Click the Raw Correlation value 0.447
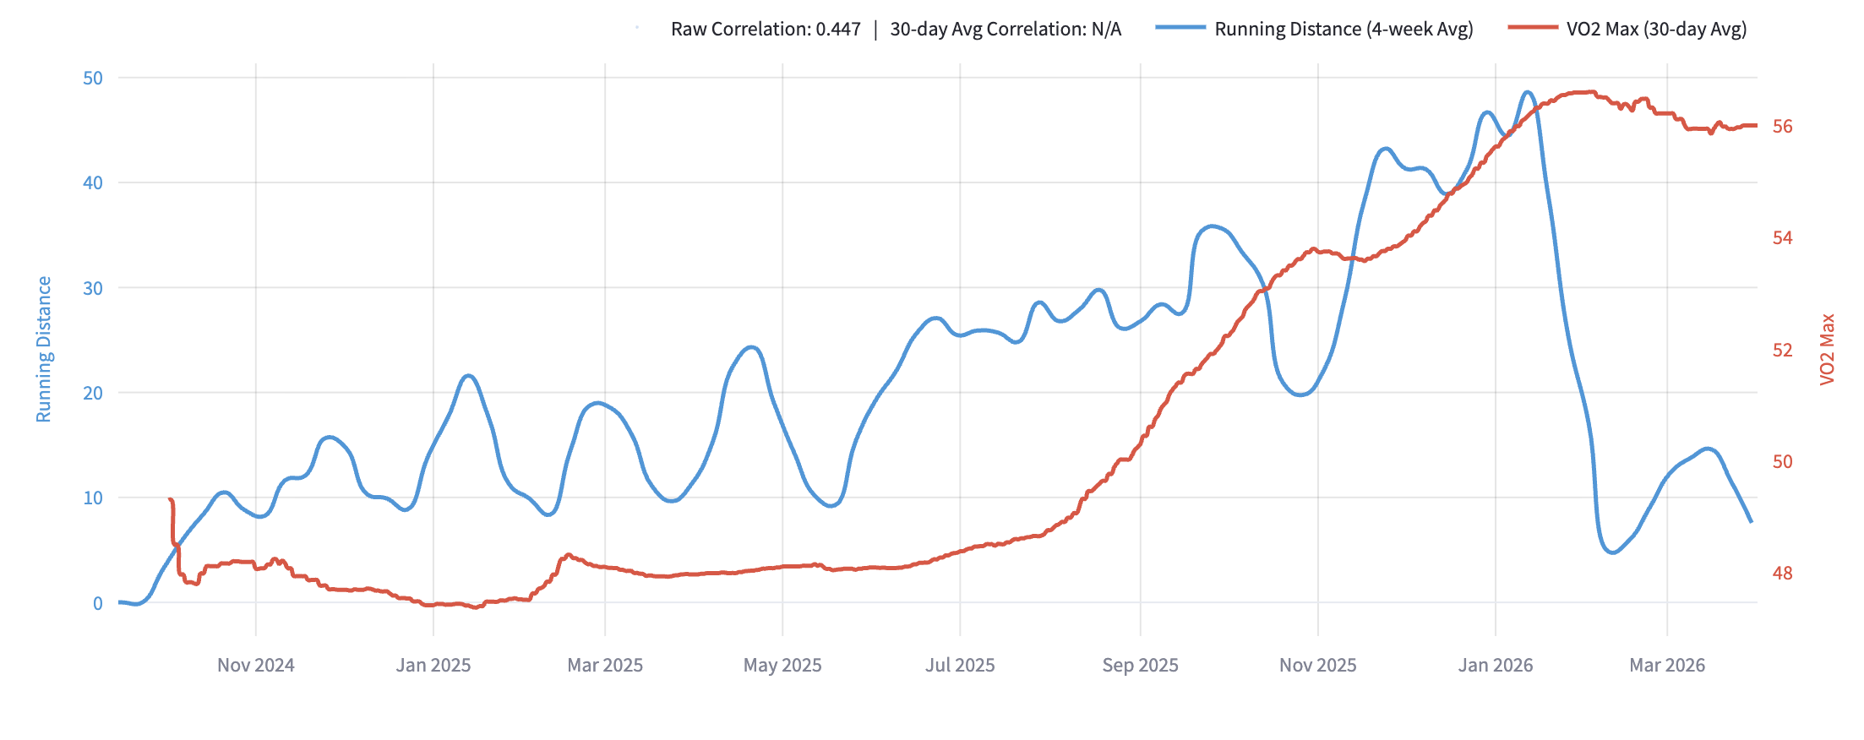tap(837, 29)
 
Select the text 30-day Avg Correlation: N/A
tap(1006, 29)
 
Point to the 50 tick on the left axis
tap(93, 78)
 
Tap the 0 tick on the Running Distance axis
tap(98, 603)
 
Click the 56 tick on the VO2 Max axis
tap(1782, 127)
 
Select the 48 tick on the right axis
tap(1782, 574)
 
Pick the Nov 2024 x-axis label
tap(255, 665)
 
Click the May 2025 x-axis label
tap(782, 665)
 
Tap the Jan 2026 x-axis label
tap(1495, 665)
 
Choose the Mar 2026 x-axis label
tap(1666, 665)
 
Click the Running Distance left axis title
tap(44, 349)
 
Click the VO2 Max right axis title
tap(1827, 349)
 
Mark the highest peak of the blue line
tap(1528, 92)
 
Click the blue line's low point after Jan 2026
tap(1613, 552)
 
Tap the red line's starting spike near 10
tap(171, 500)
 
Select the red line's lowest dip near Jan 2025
tap(476, 607)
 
